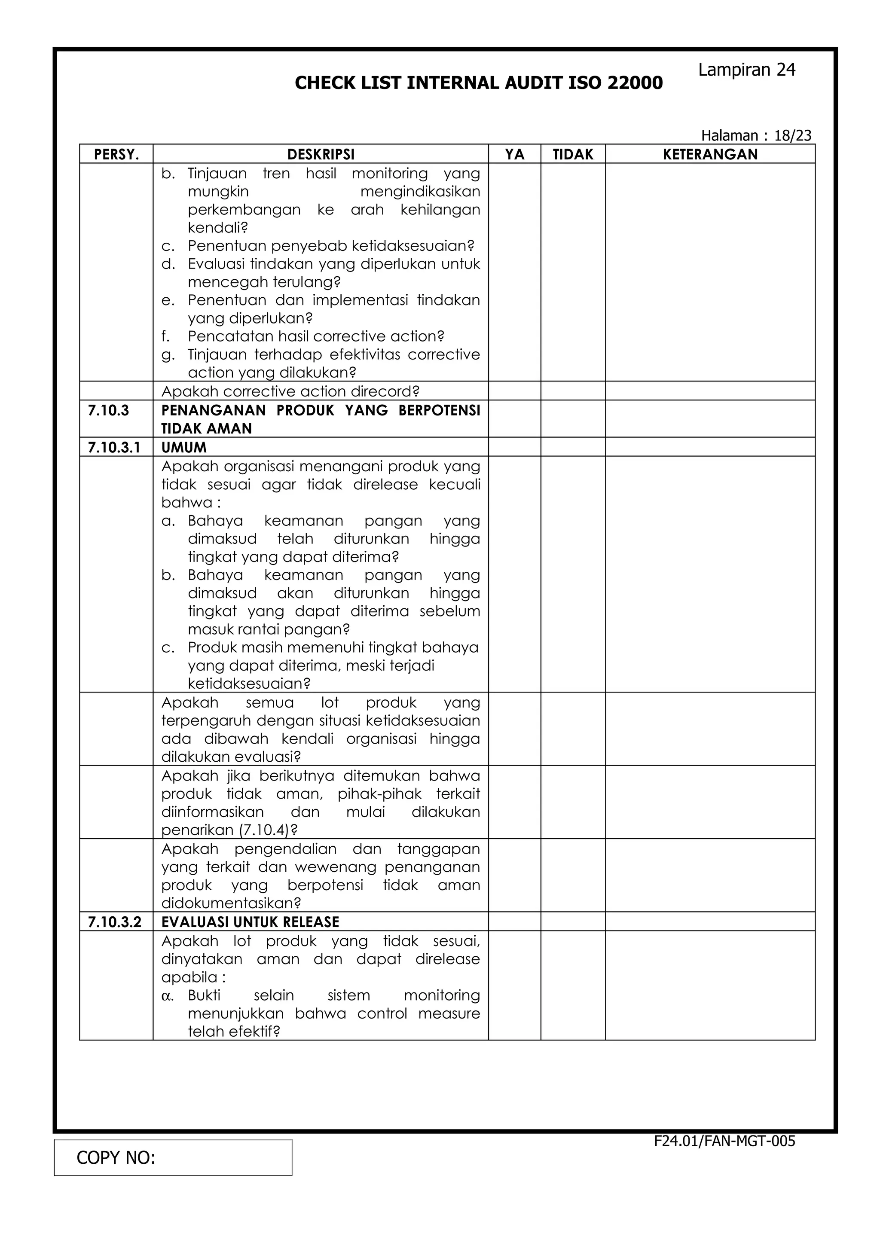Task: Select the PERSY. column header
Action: [116, 155]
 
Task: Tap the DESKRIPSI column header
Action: [321, 155]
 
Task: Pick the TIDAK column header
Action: [573, 155]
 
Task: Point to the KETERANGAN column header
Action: [710, 155]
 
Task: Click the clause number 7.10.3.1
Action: [114, 447]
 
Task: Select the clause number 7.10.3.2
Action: [114, 922]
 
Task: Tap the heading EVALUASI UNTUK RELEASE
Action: [250, 922]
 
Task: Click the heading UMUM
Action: [184, 447]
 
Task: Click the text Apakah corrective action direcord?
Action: [290, 391]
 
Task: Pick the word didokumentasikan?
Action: [231, 903]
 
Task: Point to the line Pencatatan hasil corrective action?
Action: [315, 336]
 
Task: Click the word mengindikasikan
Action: [420, 192]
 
